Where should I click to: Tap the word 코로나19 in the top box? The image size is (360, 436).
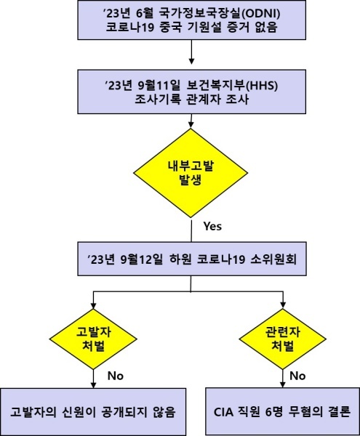130,28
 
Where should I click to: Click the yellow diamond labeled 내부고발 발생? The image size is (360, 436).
191,173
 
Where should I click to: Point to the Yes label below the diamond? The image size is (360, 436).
212,226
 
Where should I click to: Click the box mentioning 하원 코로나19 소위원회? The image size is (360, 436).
192,259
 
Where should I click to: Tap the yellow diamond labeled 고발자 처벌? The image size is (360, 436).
93,339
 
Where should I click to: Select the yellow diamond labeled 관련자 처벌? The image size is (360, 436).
283,339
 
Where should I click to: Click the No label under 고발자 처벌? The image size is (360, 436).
116,376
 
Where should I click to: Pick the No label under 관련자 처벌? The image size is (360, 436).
297,376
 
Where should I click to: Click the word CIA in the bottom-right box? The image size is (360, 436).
223,412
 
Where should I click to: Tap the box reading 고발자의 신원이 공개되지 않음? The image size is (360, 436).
93,412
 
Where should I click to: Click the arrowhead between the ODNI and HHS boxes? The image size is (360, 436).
191,61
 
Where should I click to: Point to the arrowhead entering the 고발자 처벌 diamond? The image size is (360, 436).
94,305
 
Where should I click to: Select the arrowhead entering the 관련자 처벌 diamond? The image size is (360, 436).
283,305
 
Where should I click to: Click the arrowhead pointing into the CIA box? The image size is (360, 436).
283,384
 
